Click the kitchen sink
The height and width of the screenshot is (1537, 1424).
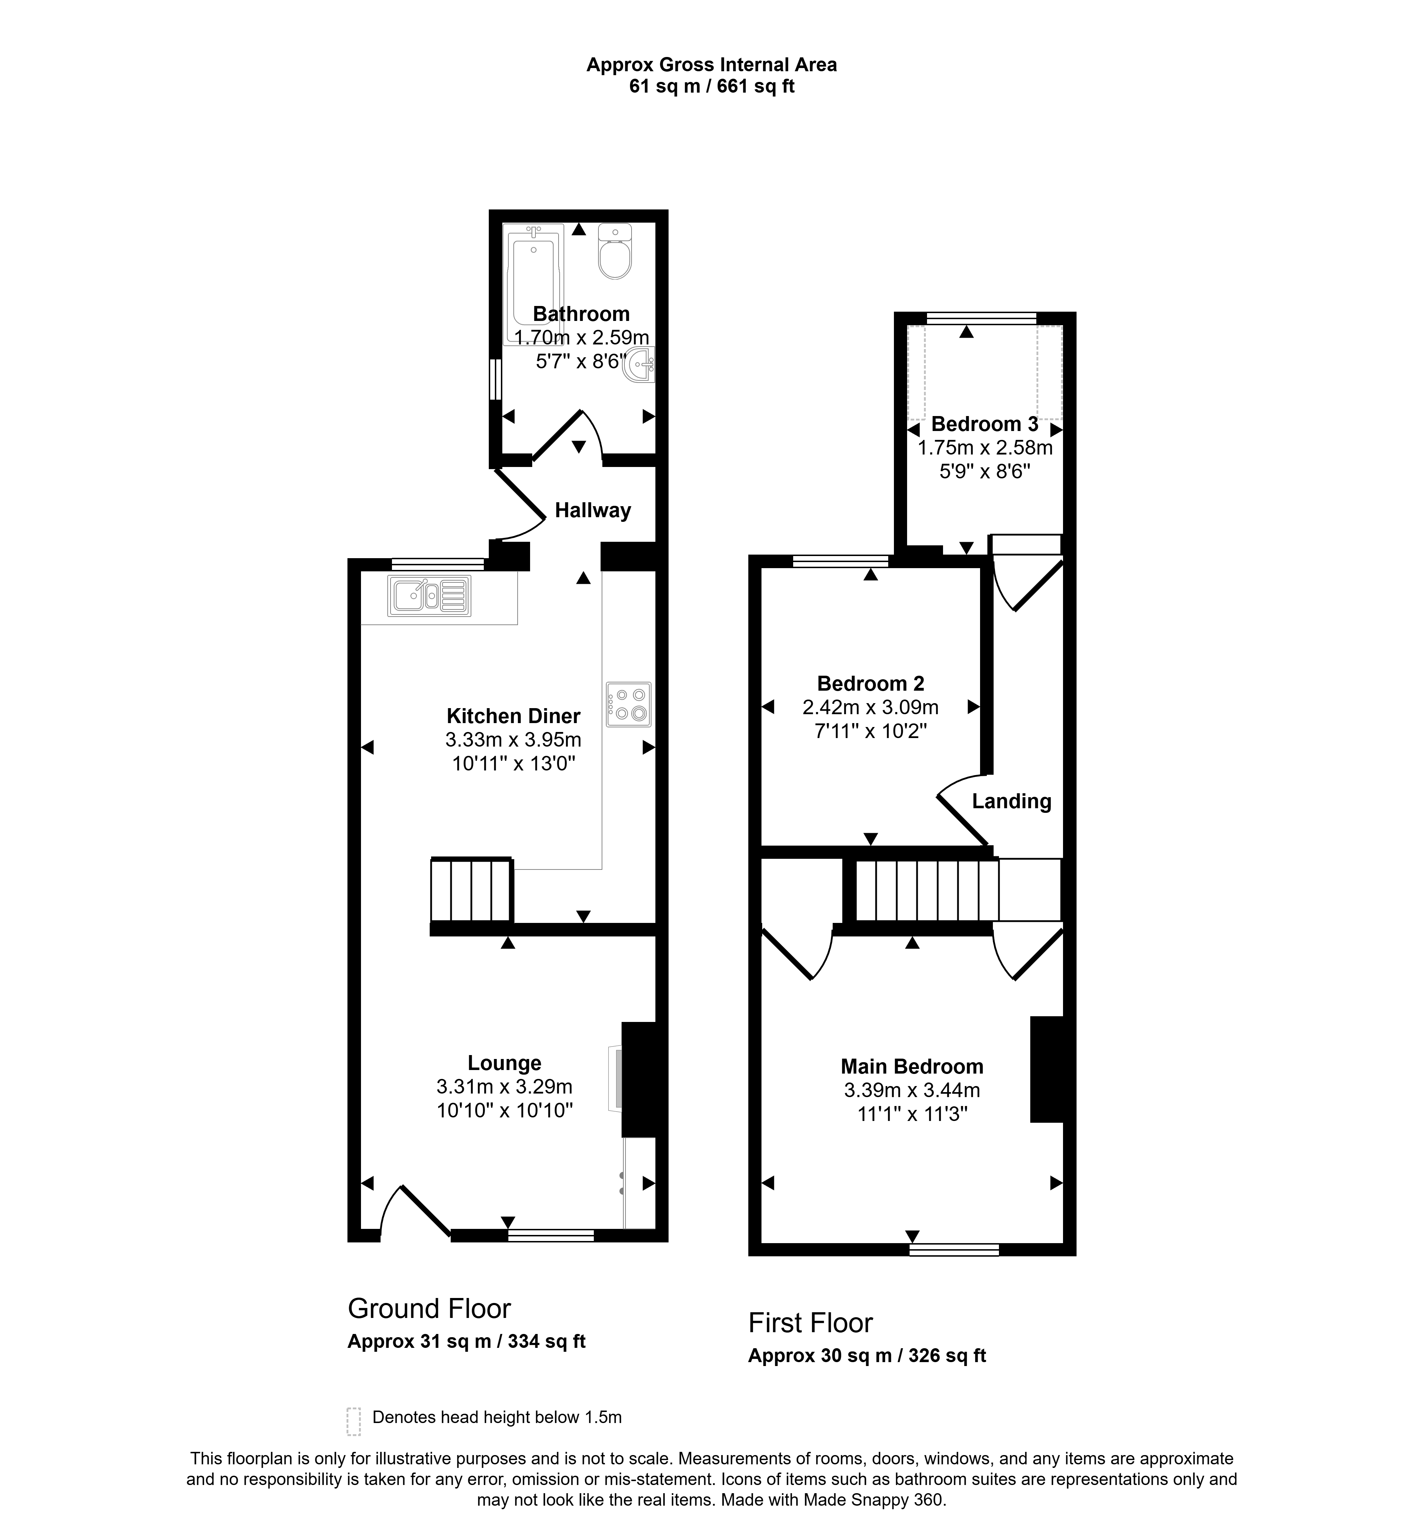point(429,596)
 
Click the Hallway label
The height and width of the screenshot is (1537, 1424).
point(593,510)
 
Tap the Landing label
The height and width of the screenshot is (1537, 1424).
point(1011,802)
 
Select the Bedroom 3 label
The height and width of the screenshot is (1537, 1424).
point(985,424)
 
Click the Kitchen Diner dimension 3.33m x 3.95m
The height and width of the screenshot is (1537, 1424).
point(513,740)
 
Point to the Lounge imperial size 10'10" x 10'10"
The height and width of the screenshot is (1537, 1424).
point(505,1111)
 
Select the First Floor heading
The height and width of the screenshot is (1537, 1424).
point(811,1323)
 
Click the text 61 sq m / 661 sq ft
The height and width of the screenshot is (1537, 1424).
point(712,86)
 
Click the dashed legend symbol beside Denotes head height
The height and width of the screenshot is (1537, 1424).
point(354,1421)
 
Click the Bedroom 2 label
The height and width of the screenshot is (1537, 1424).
point(871,684)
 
